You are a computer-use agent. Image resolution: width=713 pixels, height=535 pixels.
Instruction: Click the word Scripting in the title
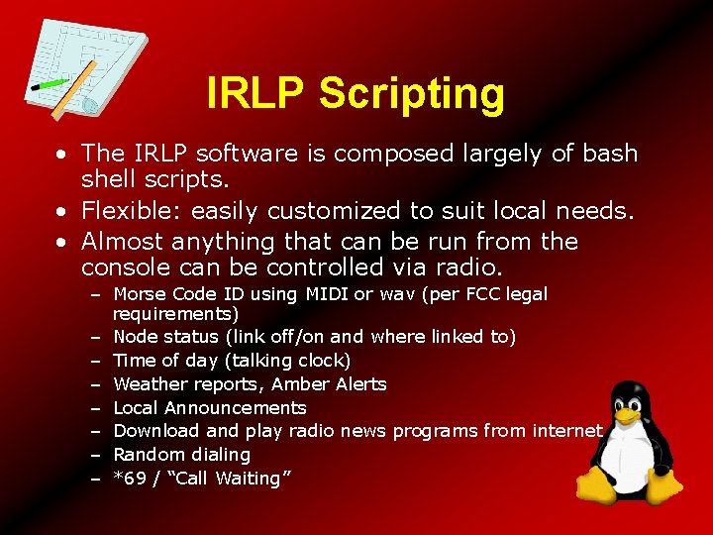click(411, 94)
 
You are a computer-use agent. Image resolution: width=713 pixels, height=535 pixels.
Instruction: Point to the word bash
click(611, 154)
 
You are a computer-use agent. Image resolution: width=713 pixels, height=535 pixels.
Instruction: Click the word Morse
click(141, 294)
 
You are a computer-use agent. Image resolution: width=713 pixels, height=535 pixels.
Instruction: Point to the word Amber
click(301, 384)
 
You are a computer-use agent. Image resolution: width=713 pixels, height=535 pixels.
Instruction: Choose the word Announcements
click(236, 408)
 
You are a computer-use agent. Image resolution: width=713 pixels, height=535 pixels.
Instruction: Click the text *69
click(128, 479)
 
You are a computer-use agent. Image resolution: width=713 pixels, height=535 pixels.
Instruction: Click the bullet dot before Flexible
click(61, 211)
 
